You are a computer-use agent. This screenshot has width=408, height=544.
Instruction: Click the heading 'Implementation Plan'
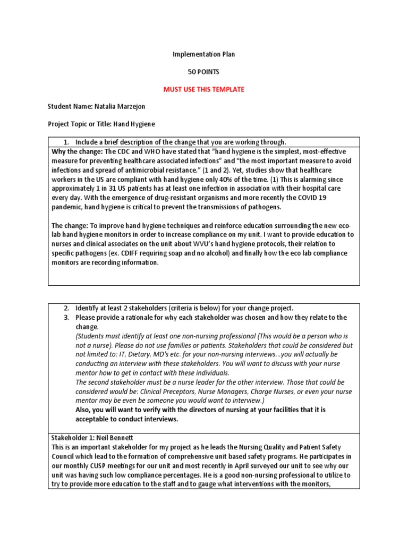(x=204, y=54)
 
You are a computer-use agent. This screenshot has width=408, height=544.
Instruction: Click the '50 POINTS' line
(x=204, y=72)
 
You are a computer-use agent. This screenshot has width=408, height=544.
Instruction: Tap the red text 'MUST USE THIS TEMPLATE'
(x=204, y=89)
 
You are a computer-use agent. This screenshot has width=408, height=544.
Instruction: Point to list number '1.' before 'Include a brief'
(x=67, y=142)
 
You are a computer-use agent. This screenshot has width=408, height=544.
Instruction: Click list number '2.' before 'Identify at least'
(x=67, y=308)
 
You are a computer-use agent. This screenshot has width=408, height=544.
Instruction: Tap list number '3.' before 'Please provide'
(x=67, y=317)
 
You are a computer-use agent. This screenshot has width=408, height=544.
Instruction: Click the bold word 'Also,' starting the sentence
(x=86, y=410)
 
